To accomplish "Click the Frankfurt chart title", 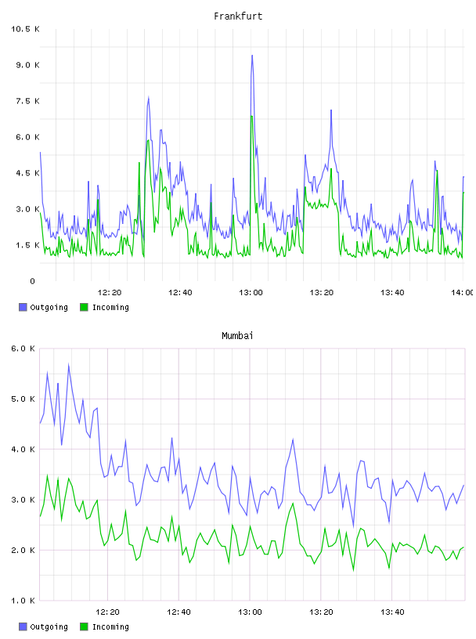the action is click(238, 16).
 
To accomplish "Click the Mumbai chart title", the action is click(237, 336).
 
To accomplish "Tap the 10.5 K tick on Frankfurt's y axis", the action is click(25, 29).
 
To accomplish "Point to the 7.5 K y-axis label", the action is click(27, 101).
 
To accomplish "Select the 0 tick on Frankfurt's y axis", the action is click(33, 281).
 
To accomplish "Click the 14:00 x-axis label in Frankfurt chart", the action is click(462, 293).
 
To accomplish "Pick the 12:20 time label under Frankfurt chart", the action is click(110, 293).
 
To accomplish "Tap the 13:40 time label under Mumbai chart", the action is click(392, 612).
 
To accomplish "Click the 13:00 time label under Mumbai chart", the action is click(250, 612).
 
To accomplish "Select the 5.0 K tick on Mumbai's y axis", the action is click(23, 399).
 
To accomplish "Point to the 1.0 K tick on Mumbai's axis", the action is click(23, 601).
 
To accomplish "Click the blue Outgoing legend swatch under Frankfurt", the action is click(23, 307).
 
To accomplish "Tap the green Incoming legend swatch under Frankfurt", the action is click(84, 307).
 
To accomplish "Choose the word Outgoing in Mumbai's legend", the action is click(49, 626).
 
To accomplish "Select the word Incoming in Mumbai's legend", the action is click(110, 626).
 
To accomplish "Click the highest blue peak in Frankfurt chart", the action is click(252, 56).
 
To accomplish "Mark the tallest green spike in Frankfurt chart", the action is click(252, 116).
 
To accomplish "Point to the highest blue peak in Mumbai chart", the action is click(68, 364).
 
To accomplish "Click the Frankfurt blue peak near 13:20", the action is click(331, 110).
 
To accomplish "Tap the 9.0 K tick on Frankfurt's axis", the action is click(27, 65).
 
